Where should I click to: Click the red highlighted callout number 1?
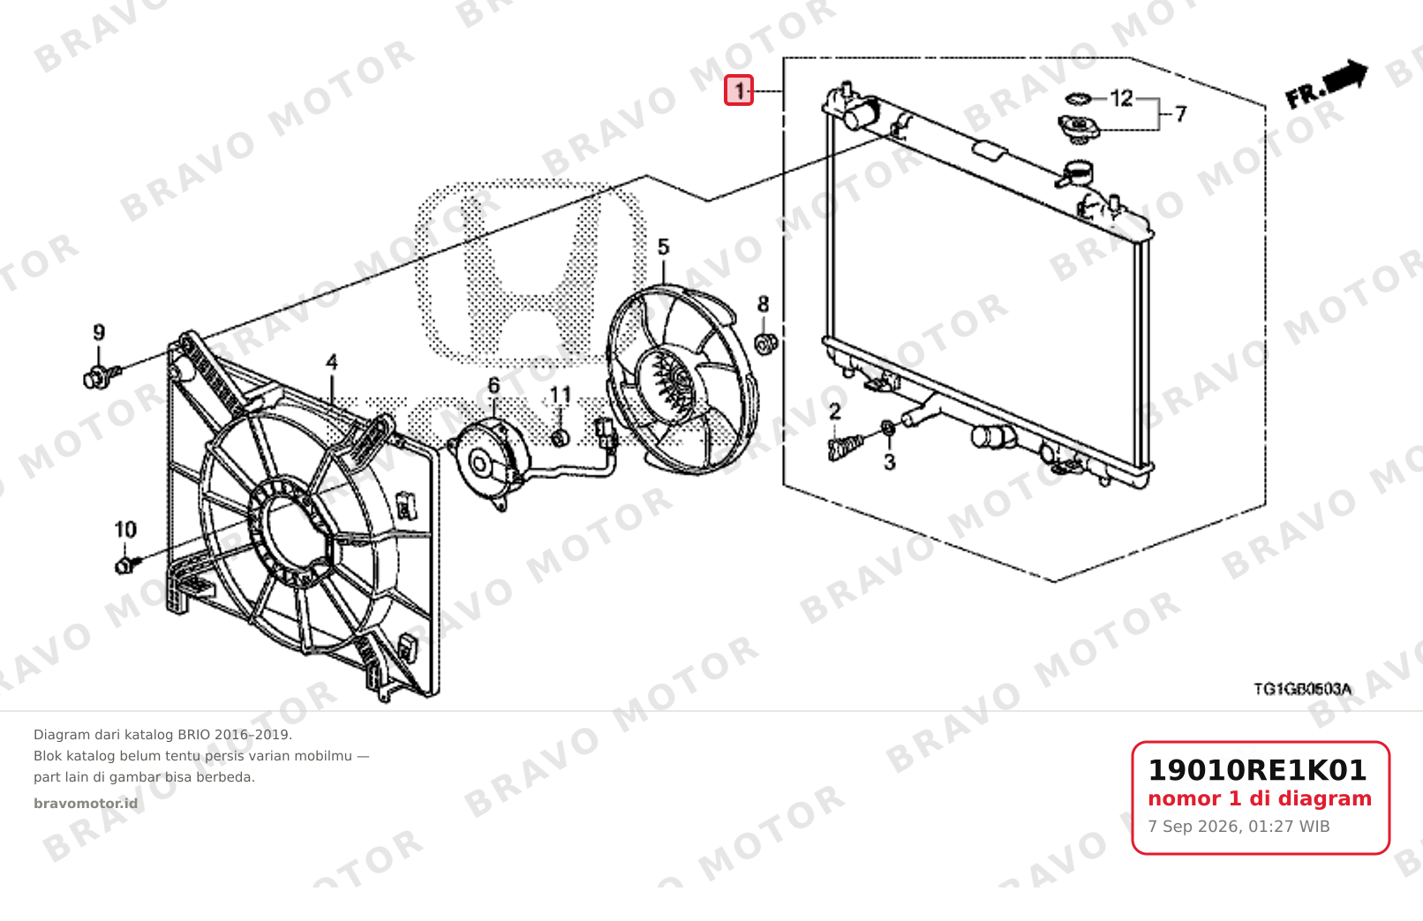739,90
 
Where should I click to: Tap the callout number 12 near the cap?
1121,99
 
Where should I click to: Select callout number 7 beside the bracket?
1180,115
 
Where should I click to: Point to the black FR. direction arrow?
1327,84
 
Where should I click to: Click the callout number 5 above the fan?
663,247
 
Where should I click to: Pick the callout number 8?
763,304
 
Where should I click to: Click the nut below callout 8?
765,343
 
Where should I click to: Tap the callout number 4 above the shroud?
332,363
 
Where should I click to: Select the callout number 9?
99,333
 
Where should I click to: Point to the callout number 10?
125,529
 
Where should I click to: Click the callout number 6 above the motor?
493,386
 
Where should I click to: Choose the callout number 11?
561,395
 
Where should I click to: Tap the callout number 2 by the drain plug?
835,412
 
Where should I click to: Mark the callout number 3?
890,462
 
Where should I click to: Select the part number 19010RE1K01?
1257,770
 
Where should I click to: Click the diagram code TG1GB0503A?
1302,689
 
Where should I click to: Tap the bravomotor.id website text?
86,804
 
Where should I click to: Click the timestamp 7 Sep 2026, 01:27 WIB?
1239,827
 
